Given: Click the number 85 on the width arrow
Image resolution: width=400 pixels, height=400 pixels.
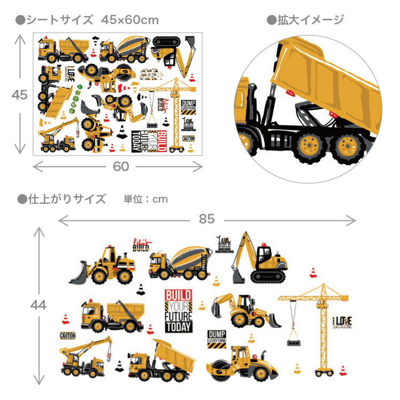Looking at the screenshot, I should (206, 219).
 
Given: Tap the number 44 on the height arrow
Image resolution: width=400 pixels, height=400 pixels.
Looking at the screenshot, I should (39, 305).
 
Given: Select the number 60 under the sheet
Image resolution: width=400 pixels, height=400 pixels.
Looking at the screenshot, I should (121, 166).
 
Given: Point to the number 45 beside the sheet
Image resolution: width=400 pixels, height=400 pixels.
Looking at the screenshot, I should (20, 95).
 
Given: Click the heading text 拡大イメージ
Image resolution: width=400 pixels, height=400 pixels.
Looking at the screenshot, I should (310, 20).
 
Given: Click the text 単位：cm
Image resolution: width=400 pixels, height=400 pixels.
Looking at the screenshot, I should (145, 199).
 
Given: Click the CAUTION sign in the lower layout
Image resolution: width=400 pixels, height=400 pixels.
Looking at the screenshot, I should (68, 336).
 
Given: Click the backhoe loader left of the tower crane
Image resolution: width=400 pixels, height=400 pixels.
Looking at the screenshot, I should (243, 310).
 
